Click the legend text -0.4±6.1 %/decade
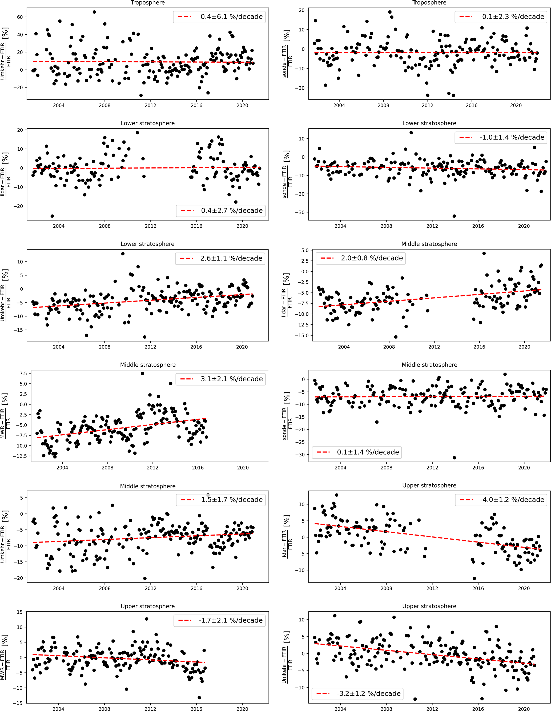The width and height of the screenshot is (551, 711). click(230, 17)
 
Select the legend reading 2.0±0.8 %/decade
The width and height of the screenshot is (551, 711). click(372, 258)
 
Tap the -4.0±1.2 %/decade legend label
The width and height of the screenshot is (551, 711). click(512, 499)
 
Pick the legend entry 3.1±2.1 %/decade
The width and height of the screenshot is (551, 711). click(231, 379)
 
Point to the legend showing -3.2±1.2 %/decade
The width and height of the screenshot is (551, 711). click(368, 694)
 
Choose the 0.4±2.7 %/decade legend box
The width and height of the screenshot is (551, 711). click(231, 211)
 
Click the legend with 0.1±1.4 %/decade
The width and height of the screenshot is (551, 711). click(368, 452)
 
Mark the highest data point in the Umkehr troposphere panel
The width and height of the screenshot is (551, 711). click(94, 12)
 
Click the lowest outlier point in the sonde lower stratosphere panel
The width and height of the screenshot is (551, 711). click(454, 216)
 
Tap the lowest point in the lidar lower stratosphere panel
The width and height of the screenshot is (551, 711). click(52, 216)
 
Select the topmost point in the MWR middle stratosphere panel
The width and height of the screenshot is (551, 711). click(142, 373)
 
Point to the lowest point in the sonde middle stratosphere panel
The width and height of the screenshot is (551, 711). click(454, 458)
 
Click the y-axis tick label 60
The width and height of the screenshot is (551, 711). click(20, 17)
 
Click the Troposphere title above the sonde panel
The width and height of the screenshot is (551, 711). click(429, 3)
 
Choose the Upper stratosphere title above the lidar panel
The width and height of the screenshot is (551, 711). click(429, 485)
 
